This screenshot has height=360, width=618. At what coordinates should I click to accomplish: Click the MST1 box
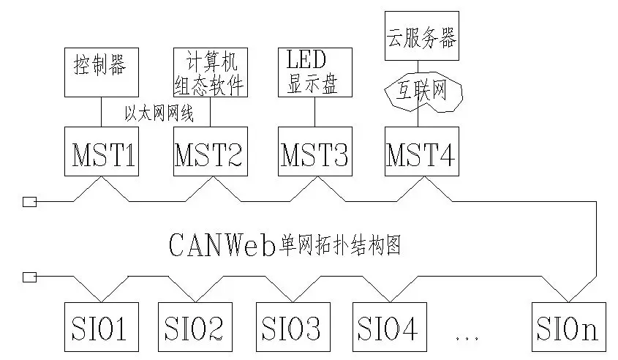[101, 151]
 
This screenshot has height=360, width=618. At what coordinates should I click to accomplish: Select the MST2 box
[208, 151]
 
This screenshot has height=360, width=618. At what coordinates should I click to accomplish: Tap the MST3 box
[314, 151]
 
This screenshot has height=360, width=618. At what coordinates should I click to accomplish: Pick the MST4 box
[422, 151]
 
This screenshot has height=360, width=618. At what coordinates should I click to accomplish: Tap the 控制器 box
[100, 72]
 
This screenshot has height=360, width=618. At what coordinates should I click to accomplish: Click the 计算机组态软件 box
[210, 72]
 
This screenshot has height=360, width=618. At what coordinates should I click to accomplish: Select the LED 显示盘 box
[314, 72]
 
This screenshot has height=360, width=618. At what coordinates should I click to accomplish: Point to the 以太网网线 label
[159, 113]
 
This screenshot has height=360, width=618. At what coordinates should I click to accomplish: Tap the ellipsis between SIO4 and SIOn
[465, 337]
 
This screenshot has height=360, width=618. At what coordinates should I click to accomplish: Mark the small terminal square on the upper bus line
[29, 202]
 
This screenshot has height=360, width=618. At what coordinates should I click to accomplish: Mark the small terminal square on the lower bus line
[29, 277]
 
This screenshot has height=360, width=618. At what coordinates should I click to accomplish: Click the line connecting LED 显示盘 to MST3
[314, 111]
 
